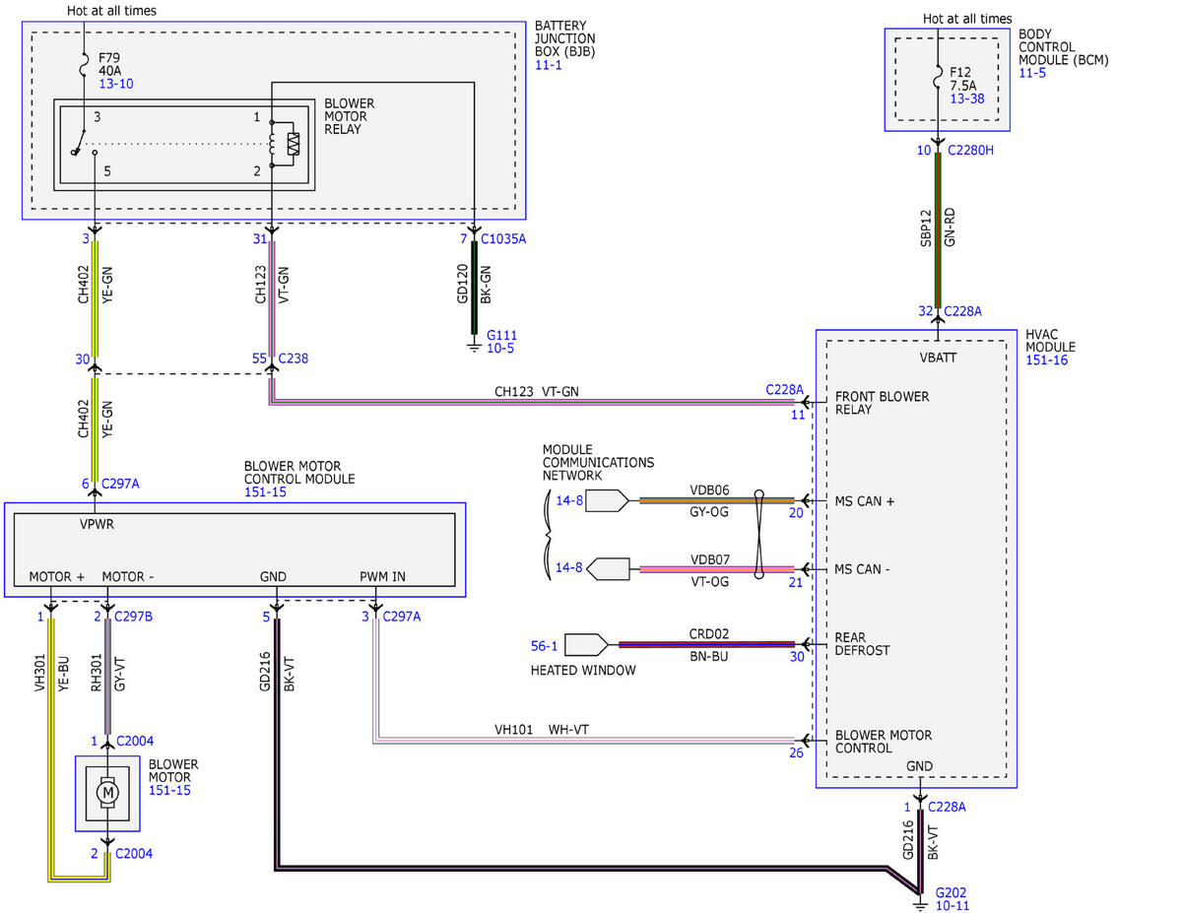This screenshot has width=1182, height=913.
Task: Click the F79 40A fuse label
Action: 109,64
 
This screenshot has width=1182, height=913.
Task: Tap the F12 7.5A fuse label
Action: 962,79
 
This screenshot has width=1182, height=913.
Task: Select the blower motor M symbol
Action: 107,792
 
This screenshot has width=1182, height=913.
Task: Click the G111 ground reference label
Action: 501,335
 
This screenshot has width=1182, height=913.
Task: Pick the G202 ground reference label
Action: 951,892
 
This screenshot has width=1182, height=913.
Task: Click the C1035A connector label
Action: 503,238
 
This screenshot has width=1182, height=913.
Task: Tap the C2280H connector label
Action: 970,150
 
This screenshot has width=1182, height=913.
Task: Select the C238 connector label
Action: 294,359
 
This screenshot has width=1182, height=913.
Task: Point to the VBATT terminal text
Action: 938,358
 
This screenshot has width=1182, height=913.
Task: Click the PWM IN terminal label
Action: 382,576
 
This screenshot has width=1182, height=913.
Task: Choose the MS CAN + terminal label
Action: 864,500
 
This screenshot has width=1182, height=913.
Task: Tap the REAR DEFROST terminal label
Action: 862,644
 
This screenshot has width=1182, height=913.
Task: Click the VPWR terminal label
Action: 97,524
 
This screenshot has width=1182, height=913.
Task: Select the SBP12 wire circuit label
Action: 926,228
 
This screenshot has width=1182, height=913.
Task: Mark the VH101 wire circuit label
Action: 513,729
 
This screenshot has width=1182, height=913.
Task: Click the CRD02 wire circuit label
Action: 709,633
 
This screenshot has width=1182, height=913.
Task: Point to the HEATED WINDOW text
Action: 583,670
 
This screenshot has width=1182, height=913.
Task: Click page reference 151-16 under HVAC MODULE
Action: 1046,359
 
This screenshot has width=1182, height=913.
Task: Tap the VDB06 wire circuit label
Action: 709,489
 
